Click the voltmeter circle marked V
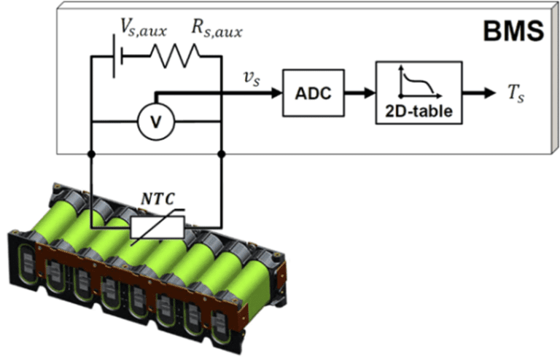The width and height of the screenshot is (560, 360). [x=155, y=122]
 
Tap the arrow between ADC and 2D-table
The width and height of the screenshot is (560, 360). [x=358, y=93]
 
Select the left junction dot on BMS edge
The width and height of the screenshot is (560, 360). [x=90, y=154]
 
